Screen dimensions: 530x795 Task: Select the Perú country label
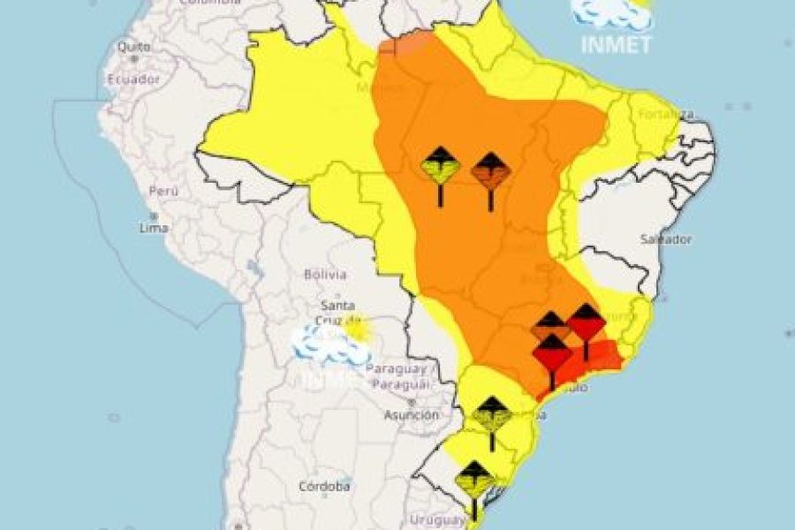[x=164, y=191]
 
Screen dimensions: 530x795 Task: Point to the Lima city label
[x=154, y=228]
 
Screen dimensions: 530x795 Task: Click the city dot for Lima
[x=153, y=216]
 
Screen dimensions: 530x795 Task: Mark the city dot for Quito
[x=134, y=58]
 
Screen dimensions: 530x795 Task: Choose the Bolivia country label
[x=325, y=274]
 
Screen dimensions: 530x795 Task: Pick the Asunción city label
[x=412, y=414]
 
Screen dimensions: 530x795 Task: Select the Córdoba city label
[x=324, y=486]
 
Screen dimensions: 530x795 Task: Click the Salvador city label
[x=667, y=239]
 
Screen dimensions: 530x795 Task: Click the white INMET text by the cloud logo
[x=617, y=45]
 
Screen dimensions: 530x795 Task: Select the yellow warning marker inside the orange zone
[x=440, y=168]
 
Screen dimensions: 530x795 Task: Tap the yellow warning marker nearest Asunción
[x=492, y=415]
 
